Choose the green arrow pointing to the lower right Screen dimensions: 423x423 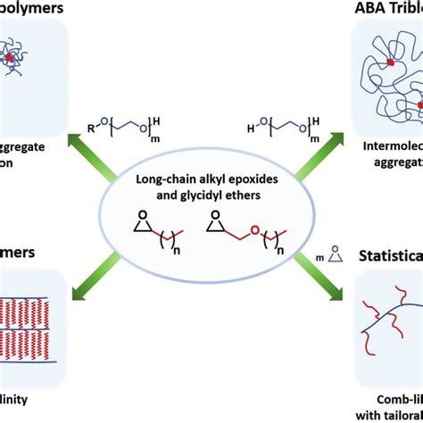[322, 277]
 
